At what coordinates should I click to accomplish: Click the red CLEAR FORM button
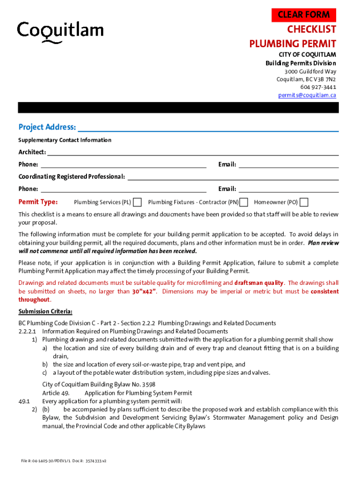[304, 15]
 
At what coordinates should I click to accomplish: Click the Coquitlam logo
[60, 32]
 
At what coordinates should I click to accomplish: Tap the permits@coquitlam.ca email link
[307, 95]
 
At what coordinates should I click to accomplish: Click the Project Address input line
[208, 127]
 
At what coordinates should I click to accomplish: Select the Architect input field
[193, 152]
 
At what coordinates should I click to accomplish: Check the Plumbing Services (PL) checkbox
[137, 202]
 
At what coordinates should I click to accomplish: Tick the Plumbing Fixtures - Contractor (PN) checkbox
[244, 202]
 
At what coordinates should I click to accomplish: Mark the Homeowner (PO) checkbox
[304, 202]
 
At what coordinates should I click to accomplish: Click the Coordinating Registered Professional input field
[233, 176]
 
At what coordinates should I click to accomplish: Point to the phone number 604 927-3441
[318, 87]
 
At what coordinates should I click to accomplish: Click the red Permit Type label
[38, 202]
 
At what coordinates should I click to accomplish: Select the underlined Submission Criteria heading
[45, 312]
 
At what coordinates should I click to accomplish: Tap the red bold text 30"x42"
[144, 291]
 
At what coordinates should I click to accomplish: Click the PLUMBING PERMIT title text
[292, 44]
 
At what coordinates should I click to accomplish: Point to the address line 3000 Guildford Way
[310, 71]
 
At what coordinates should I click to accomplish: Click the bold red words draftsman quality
[259, 283]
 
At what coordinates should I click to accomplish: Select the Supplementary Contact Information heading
[65, 140]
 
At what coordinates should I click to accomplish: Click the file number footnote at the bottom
[64, 461]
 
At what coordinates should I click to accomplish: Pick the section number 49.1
[24, 401]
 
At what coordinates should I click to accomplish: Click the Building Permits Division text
[301, 63]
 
